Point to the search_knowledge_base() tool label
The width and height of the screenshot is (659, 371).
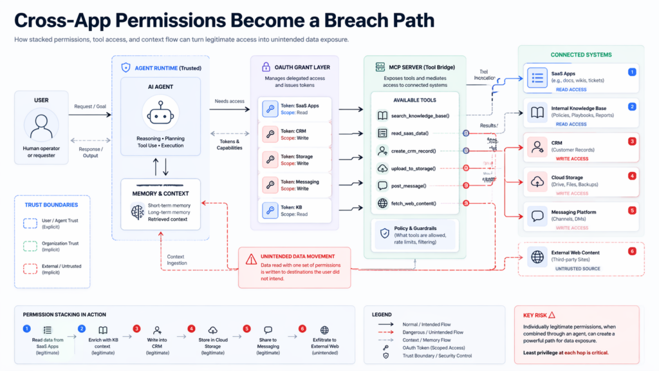click(x=420, y=115)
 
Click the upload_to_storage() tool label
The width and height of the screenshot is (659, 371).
click(x=414, y=168)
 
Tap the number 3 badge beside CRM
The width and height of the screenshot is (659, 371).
click(x=632, y=141)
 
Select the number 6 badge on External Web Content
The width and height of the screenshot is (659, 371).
click(x=632, y=251)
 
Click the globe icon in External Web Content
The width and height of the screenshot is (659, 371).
click(x=537, y=256)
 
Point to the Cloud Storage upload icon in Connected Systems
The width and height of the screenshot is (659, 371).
click(x=537, y=181)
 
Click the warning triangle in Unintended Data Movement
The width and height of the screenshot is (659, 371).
click(x=251, y=259)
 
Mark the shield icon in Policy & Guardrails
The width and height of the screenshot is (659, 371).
click(x=384, y=233)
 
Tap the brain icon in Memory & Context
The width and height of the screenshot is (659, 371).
click(x=136, y=211)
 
